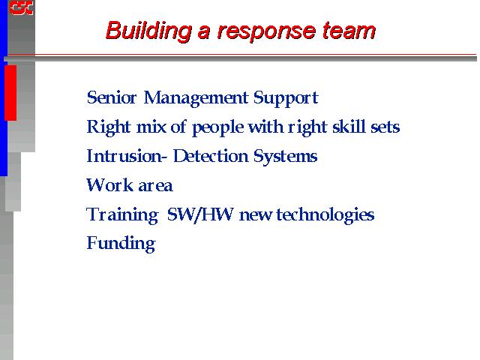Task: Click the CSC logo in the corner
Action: click(22, 7)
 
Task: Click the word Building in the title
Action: click(148, 31)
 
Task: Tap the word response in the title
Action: click(266, 32)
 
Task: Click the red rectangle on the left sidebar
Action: click(10, 93)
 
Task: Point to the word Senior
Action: click(112, 97)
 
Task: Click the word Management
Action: click(196, 98)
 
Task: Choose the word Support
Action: click(286, 98)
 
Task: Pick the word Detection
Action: click(211, 156)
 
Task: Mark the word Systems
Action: click(285, 157)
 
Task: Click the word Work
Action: click(110, 185)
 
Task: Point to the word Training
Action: click(122, 215)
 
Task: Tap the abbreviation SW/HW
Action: click(200, 214)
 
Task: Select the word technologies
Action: click(325, 215)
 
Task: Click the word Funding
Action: click(121, 244)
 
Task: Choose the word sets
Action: click(385, 127)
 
